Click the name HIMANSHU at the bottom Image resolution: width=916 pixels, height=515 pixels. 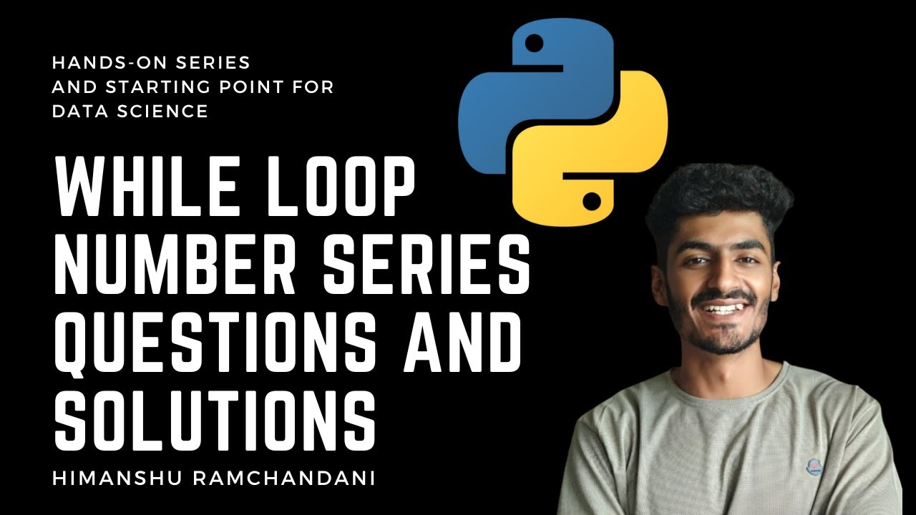109,479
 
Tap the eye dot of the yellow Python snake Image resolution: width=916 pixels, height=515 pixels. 591,201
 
